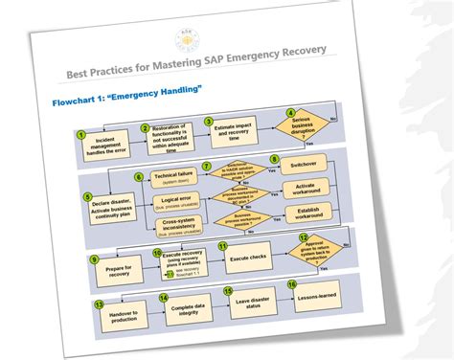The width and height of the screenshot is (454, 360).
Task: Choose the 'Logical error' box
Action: tap(177, 204)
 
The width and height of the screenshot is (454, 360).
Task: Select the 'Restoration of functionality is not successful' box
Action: tap(170, 140)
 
